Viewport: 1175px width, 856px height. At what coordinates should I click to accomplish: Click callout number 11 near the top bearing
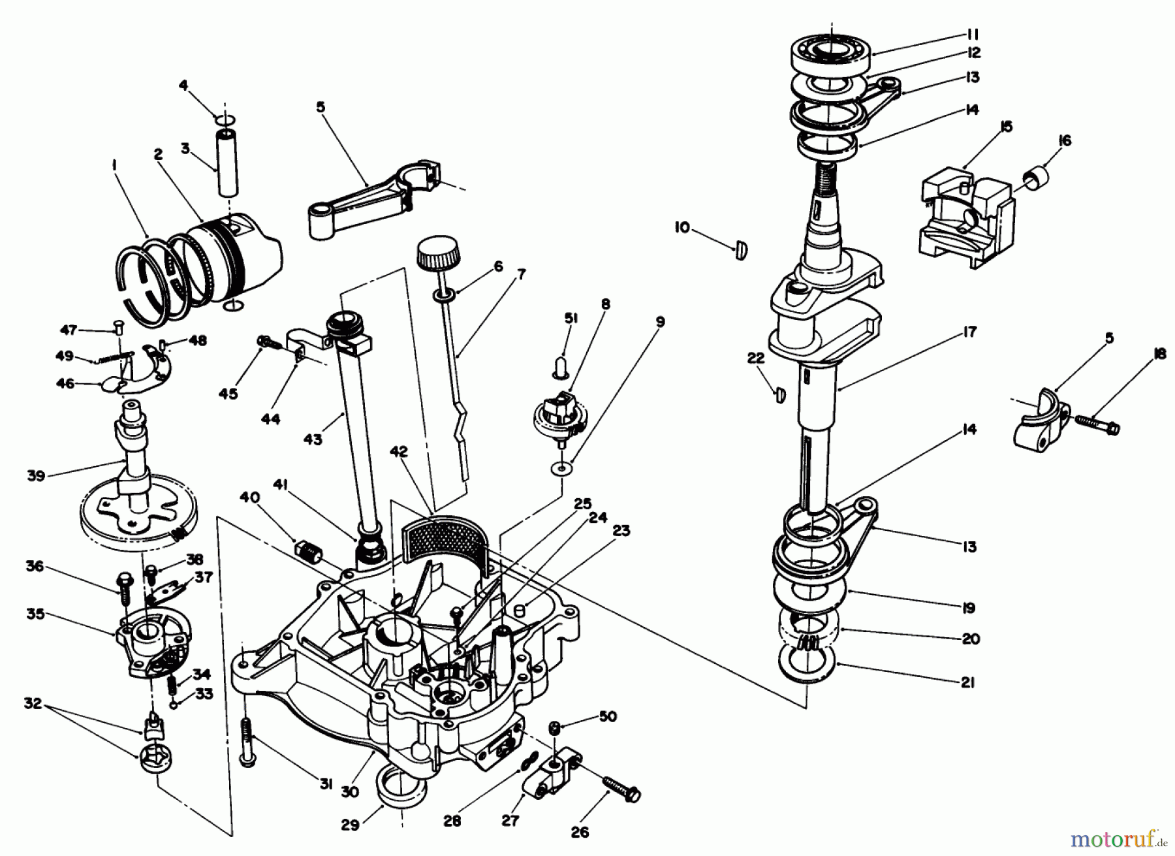(x=973, y=34)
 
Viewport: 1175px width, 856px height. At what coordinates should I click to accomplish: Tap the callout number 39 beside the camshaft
(x=37, y=475)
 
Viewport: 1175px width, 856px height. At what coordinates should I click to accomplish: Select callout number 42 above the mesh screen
(x=399, y=452)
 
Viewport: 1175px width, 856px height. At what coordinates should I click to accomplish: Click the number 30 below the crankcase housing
(x=350, y=792)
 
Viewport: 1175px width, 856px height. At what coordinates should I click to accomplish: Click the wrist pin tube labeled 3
(x=227, y=163)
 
